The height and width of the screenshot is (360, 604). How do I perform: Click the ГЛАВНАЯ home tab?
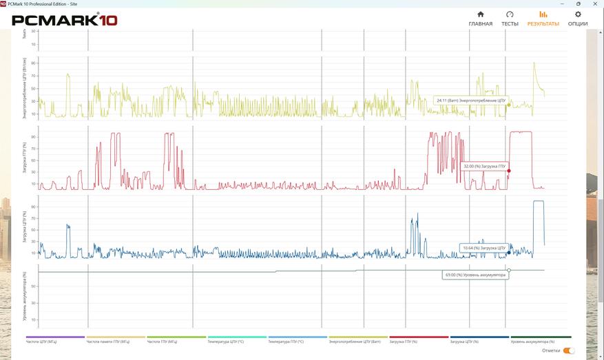point(480,19)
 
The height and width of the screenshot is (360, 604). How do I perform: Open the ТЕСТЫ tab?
point(510,19)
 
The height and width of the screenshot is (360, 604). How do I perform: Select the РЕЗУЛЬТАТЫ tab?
point(543,19)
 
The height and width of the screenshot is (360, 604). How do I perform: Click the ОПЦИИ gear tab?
point(578,19)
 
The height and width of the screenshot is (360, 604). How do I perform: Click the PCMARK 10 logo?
point(65,19)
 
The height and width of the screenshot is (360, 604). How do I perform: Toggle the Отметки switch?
point(569,350)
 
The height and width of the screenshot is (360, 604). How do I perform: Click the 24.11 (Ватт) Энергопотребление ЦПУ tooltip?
point(470,100)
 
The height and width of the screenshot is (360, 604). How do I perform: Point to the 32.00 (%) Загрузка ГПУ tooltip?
point(484,166)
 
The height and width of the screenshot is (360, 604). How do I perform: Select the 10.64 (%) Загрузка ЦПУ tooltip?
point(483,247)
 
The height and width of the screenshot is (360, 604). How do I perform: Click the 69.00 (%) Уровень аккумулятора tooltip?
point(475,275)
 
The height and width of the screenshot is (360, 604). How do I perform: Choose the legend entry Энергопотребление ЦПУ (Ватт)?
point(359,340)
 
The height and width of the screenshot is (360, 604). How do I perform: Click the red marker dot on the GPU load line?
point(509,171)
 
